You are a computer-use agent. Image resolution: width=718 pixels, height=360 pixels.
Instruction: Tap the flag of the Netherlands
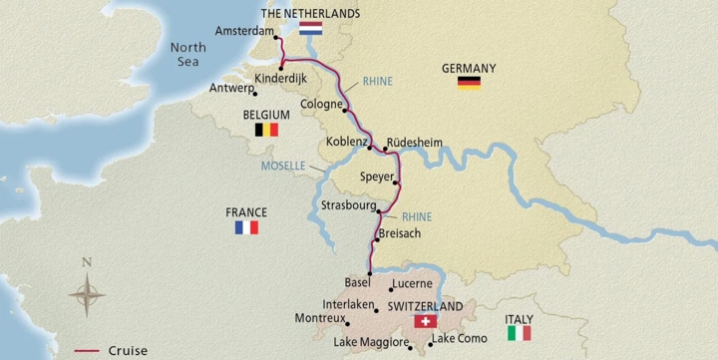[x=310, y=29]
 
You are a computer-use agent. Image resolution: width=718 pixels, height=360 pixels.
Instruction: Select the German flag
[x=469, y=83]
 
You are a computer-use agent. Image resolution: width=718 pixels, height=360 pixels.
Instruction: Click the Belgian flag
[x=266, y=130]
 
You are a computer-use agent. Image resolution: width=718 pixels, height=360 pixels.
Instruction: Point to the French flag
[x=246, y=227]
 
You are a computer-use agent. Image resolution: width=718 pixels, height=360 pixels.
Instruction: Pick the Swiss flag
[x=425, y=322]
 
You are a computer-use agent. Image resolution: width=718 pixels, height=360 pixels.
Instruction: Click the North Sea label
[x=186, y=53]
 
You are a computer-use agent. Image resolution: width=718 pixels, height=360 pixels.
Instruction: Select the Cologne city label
[x=321, y=103]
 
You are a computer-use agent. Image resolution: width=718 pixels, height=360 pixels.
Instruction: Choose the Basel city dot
[x=370, y=273]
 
